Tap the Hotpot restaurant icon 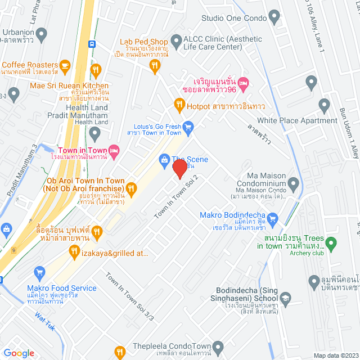[179, 104]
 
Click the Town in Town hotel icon [114, 150]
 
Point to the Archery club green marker [332, 244]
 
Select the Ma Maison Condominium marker [293, 183]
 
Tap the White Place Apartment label [297, 120]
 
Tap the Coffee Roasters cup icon [64, 66]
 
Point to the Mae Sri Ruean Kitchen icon [96, 70]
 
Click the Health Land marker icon [94, 134]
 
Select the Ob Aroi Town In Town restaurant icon [131, 188]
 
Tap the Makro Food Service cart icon [39, 273]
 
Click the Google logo [19, 353]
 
